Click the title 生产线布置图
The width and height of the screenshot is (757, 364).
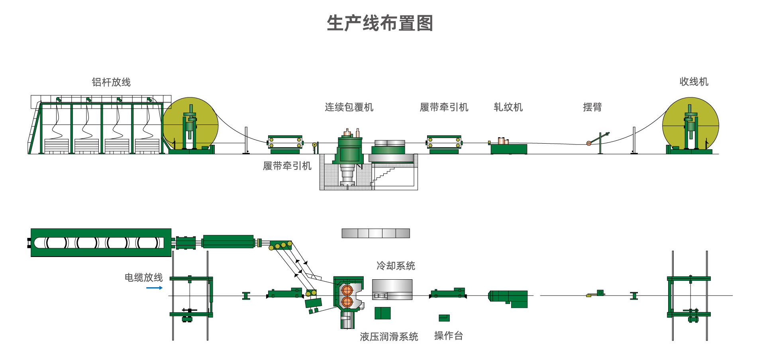[x=380, y=23]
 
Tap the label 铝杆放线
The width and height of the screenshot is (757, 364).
[x=111, y=82]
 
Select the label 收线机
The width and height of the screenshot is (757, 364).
[x=694, y=82]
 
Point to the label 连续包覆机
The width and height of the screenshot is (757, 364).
[x=349, y=107]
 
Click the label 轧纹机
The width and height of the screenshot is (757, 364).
[x=508, y=107]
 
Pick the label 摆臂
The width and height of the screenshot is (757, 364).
[x=592, y=107]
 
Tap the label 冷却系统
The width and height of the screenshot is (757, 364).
[x=396, y=266]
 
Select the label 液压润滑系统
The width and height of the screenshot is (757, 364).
[x=389, y=337]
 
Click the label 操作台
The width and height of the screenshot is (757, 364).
[x=448, y=336]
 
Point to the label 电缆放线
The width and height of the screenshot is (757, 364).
[x=143, y=277]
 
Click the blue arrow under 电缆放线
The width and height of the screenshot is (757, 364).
[x=154, y=288]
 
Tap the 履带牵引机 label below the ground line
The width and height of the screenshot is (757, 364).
[x=287, y=166]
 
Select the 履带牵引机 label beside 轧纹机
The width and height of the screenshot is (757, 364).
[x=444, y=107]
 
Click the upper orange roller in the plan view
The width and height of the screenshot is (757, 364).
[x=347, y=290]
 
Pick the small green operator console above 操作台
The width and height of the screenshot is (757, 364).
[x=444, y=318]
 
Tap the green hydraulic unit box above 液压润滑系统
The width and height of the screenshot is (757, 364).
[x=382, y=313]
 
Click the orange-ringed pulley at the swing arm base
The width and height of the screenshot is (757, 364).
[x=589, y=143]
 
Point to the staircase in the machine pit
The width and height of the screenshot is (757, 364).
[x=383, y=175]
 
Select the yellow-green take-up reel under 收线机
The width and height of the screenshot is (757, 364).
[x=690, y=125]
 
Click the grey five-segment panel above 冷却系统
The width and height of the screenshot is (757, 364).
[x=376, y=233]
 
